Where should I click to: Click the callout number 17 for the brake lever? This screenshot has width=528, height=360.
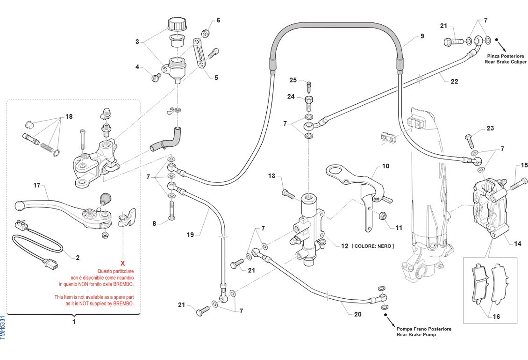37,185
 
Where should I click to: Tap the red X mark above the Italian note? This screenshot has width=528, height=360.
123,263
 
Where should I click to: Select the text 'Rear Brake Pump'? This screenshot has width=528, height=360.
416,334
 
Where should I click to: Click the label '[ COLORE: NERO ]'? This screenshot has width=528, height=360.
373,246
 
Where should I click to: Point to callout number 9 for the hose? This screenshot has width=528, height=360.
422,36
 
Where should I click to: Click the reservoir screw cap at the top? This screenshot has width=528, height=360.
177,24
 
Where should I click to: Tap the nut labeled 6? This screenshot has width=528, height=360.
206,33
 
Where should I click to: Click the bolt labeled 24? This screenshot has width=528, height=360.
309,103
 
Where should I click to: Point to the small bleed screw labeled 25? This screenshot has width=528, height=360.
309,87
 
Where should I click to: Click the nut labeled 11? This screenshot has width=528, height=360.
382,215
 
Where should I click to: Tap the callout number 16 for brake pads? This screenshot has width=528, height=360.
496,317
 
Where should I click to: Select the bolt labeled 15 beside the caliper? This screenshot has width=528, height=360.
518,184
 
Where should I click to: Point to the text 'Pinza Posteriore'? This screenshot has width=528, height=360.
506,56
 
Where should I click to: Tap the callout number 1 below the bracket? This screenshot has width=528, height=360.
74,322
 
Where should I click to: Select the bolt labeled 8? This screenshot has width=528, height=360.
172,211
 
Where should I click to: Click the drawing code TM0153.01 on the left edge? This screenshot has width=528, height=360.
3,328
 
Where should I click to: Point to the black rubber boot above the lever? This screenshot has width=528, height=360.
105,199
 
